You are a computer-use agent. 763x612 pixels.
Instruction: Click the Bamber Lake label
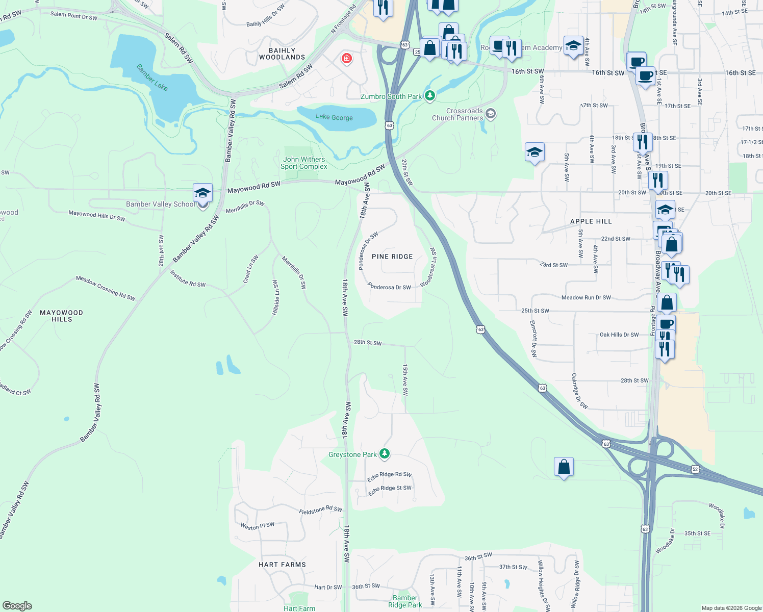(152, 77)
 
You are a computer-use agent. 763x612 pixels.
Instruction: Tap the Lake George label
(334, 117)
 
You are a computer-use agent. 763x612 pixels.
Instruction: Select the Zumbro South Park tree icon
(430, 95)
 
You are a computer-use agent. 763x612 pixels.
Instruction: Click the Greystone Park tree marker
(385, 453)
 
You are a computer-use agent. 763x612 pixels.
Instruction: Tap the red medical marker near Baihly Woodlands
(347, 59)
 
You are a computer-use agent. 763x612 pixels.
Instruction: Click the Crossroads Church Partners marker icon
(491, 114)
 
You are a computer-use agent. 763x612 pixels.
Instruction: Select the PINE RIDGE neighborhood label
(392, 257)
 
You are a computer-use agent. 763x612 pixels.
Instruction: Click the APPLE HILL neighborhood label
(591, 221)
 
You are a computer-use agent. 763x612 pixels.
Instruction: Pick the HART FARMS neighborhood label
(282, 565)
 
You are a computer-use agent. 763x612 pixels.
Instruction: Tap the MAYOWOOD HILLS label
(61, 316)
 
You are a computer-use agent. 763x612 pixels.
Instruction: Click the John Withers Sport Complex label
(304, 163)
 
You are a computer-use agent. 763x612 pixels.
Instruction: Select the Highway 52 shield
(695, 469)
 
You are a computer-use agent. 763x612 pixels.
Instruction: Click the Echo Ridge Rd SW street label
(389, 476)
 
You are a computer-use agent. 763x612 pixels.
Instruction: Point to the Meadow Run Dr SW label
(586, 297)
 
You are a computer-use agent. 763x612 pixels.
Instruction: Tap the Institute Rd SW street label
(188, 279)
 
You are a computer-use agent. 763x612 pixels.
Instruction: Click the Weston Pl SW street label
(258, 526)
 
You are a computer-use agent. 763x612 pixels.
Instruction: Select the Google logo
(17, 606)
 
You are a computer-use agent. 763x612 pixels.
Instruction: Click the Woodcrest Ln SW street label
(429, 267)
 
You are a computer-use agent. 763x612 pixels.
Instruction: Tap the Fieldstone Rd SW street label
(320, 510)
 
